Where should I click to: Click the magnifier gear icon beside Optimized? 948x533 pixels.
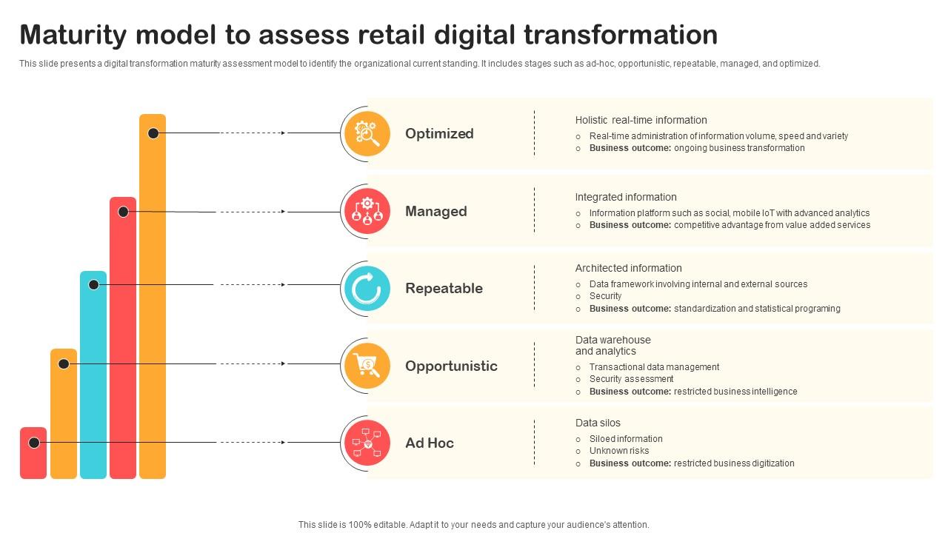(x=367, y=133)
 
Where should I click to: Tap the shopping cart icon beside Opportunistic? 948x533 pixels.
(x=367, y=366)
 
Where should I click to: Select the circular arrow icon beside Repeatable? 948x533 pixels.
(x=367, y=289)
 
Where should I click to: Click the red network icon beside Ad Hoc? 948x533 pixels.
(x=367, y=443)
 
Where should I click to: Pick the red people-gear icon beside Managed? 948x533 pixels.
(x=367, y=211)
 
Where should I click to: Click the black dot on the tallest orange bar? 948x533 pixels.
(x=153, y=133)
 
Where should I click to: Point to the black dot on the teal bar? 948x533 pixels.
(x=93, y=284)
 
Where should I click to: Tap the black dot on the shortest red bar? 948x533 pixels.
(x=34, y=443)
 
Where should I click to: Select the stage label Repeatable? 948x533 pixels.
(x=444, y=289)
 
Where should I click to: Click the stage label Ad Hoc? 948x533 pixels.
(x=430, y=443)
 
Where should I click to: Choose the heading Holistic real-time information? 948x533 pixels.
(x=641, y=120)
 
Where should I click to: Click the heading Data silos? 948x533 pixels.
(x=598, y=423)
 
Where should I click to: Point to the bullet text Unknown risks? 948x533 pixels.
(x=619, y=451)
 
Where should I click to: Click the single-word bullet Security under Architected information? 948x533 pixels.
(x=605, y=296)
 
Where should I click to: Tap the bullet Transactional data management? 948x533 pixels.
(x=654, y=367)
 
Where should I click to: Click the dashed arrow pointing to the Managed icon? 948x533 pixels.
(x=253, y=212)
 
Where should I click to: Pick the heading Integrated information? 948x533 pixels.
(x=626, y=197)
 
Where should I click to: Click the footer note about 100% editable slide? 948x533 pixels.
(x=474, y=524)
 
